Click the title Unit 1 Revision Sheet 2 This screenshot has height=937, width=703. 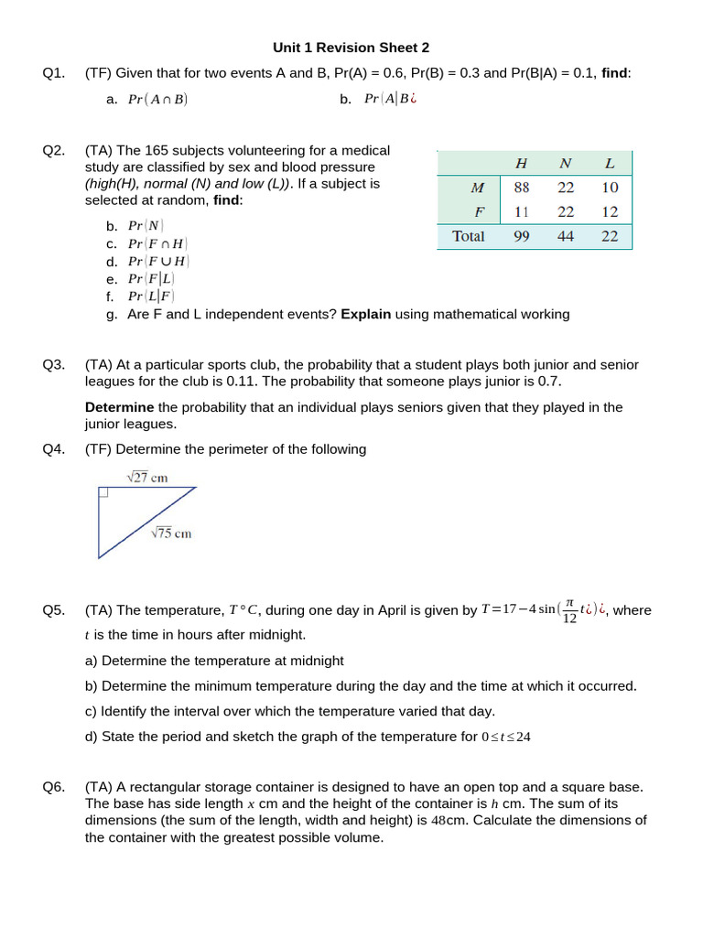(351, 48)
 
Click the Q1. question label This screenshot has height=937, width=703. (54, 73)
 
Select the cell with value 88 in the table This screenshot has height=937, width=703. (522, 188)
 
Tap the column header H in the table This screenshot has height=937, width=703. (522, 164)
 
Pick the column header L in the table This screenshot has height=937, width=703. (611, 164)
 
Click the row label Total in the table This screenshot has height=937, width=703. (469, 236)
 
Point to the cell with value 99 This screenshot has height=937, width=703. (522, 236)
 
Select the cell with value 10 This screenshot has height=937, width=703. (611, 188)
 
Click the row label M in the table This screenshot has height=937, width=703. (477, 188)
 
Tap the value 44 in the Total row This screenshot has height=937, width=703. (566, 236)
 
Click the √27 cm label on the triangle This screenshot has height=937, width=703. (146, 477)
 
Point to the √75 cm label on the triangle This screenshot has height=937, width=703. (171, 533)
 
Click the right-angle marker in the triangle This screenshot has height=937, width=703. (103, 492)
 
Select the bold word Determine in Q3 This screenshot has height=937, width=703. (120, 407)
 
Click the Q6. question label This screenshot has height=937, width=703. (54, 787)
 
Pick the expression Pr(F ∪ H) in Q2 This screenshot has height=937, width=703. (159, 261)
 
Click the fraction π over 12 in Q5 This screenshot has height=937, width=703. (569, 610)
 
